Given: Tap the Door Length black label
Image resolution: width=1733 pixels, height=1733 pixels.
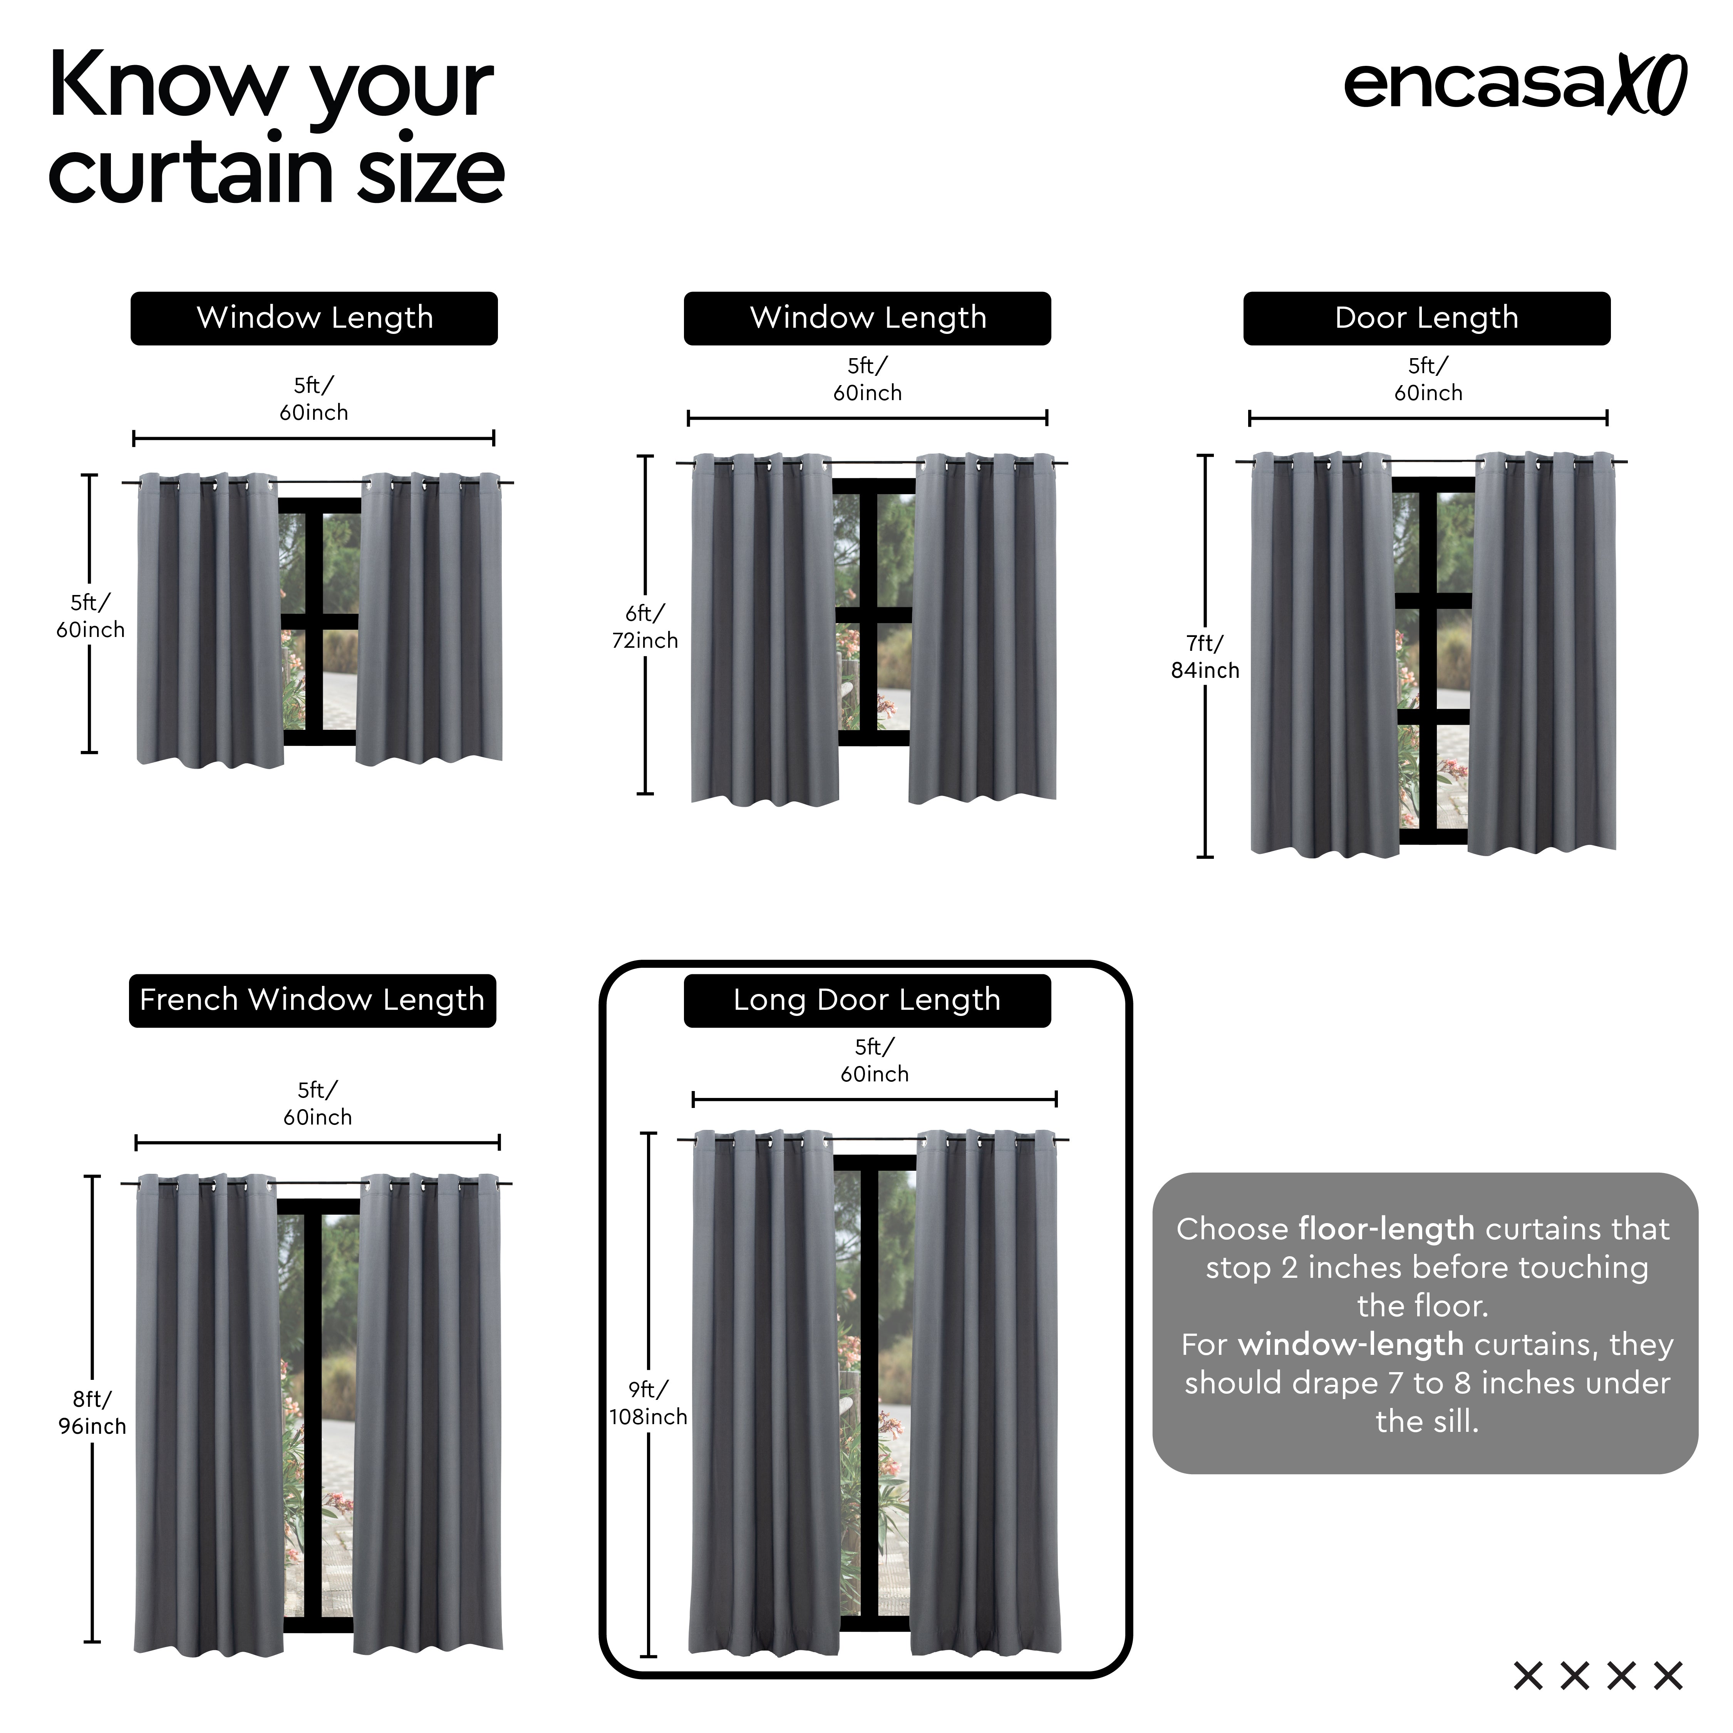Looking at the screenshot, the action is tap(1426, 318).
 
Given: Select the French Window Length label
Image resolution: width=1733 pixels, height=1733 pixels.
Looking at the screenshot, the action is tap(312, 1000).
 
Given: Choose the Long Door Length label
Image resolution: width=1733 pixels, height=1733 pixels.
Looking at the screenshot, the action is tap(866, 1000).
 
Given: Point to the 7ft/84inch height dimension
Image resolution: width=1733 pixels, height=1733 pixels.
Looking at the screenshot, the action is tap(1205, 657).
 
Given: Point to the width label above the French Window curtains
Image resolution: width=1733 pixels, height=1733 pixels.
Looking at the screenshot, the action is tap(318, 1103).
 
